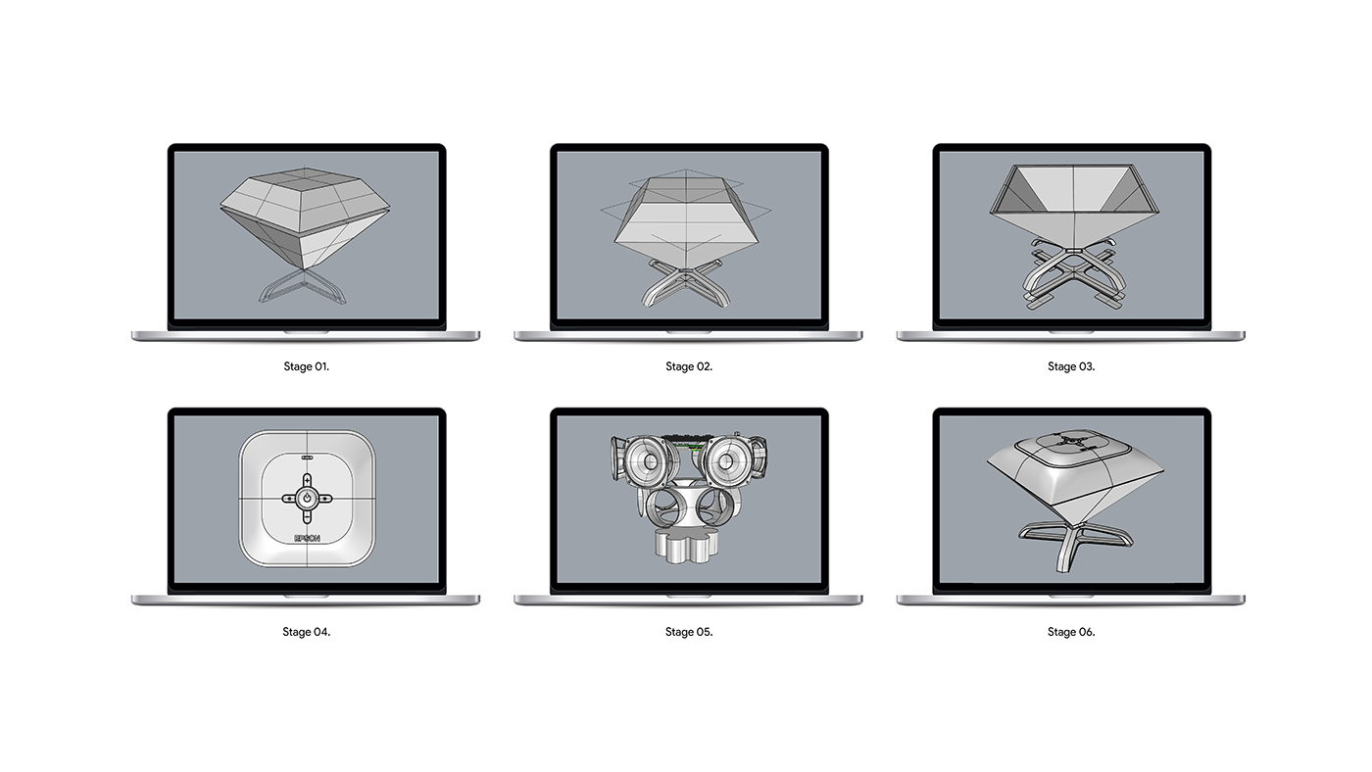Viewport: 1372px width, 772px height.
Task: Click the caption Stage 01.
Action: click(306, 366)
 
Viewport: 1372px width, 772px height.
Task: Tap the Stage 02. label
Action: click(689, 366)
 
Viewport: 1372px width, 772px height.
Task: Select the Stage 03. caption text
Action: click(1071, 366)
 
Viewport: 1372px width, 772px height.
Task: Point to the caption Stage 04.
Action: click(306, 632)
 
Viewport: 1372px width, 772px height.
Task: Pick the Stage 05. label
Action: click(689, 632)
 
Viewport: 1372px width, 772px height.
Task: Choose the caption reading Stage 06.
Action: click(1071, 632)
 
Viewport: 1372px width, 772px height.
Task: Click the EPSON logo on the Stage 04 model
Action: click(307, 538)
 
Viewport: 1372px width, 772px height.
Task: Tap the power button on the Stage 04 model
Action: click(307, 498)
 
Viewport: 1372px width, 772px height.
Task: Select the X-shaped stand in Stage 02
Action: click(688, 285)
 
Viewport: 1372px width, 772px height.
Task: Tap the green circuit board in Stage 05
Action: click(688, 438)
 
